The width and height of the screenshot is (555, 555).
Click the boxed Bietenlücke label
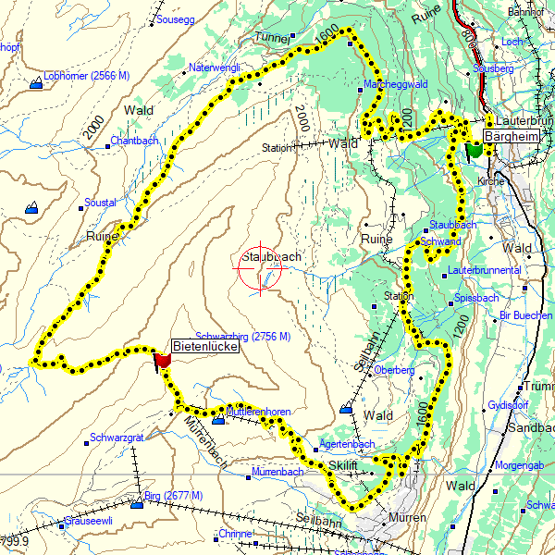click(x=205, y=347)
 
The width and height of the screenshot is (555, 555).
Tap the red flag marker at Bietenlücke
click(x=164, y=360)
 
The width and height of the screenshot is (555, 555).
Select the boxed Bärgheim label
click(x=512, y=137)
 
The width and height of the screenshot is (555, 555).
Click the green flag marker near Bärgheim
click(x=475, y=149)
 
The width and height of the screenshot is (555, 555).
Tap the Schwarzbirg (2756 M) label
click(x=243, y=336)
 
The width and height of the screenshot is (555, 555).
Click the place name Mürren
click(x=408, y=518)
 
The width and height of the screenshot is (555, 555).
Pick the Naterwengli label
click(x=215, y=68)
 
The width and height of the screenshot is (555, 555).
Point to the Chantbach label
click(x=134, y=141)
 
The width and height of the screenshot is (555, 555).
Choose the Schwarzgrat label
click(x=117, y=438)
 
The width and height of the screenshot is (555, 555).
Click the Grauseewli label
click(x=88, y=520)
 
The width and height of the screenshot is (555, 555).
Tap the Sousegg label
click(x=176, y=18)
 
